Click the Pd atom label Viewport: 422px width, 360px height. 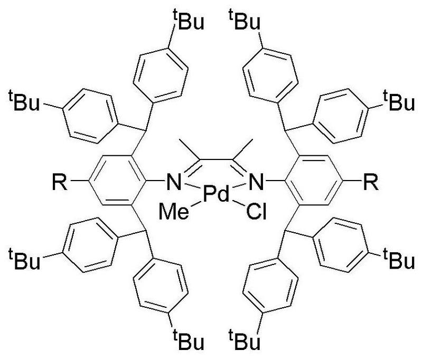tap(217, 196)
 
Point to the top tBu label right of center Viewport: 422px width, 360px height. tap(244, 23)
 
